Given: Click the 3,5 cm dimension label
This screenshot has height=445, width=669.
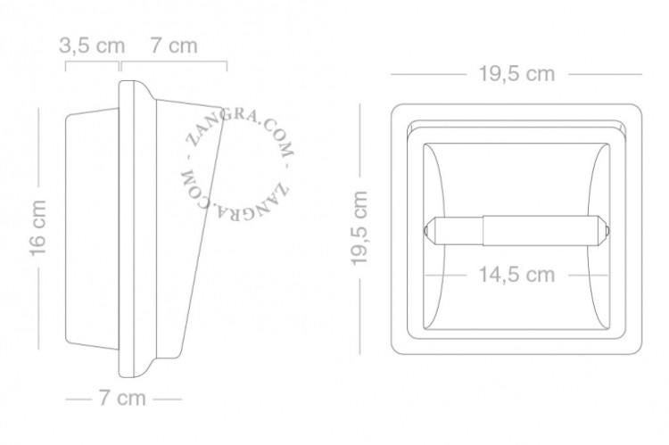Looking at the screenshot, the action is point(92,45).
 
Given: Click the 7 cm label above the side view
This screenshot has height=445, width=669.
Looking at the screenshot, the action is point(174,45).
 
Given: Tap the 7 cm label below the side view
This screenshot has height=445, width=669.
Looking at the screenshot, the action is point(122,398).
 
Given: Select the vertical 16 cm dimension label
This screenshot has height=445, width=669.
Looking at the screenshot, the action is point(37,228).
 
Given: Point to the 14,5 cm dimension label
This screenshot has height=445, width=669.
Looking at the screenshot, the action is point(516,275).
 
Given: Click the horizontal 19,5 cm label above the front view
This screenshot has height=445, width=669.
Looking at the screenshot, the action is point(516,74).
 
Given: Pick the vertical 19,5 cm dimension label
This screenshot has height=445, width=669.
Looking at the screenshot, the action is point(359,228).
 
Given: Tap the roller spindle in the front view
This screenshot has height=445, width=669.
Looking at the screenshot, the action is point(517,230).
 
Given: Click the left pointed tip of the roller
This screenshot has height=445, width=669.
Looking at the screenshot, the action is point(425,231).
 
